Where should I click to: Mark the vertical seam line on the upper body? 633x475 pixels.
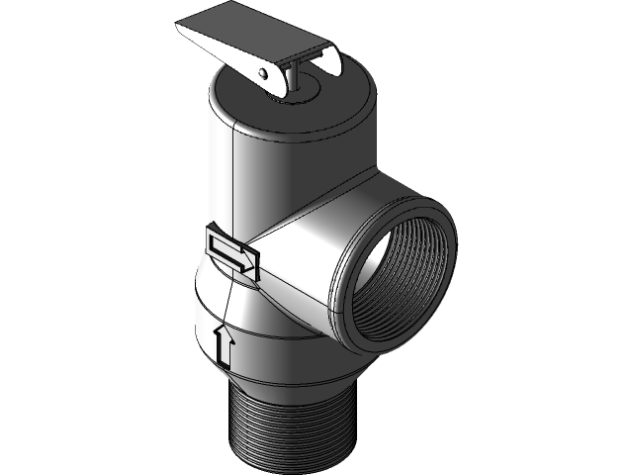click(231, 178)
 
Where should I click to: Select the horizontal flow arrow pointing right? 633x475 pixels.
click(231, 253)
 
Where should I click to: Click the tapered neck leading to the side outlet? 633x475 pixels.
click(297, 257)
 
